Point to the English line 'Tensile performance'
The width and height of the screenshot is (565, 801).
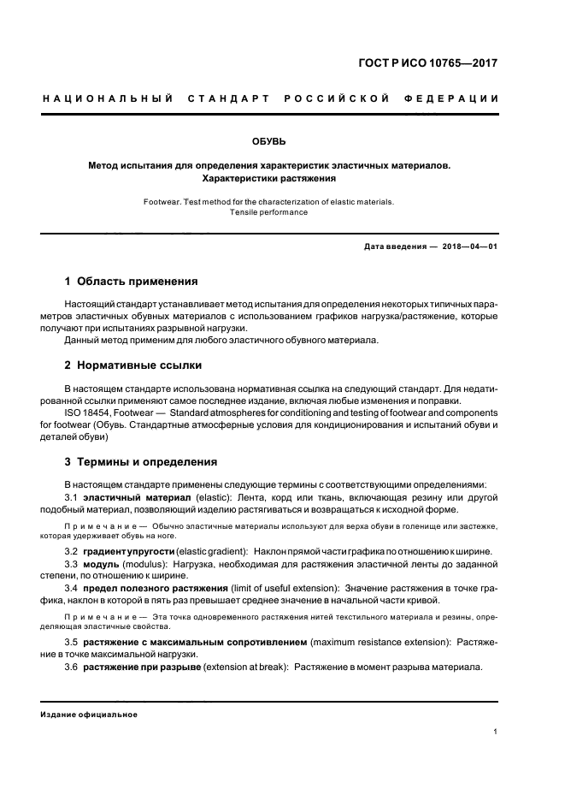point(269,212)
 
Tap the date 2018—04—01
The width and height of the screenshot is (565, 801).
point(470,246)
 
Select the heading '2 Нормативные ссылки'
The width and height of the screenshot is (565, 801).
point(133,365)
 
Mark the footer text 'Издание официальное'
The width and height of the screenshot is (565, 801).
point(89,715)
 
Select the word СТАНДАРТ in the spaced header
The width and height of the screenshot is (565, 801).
point(231,99)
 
